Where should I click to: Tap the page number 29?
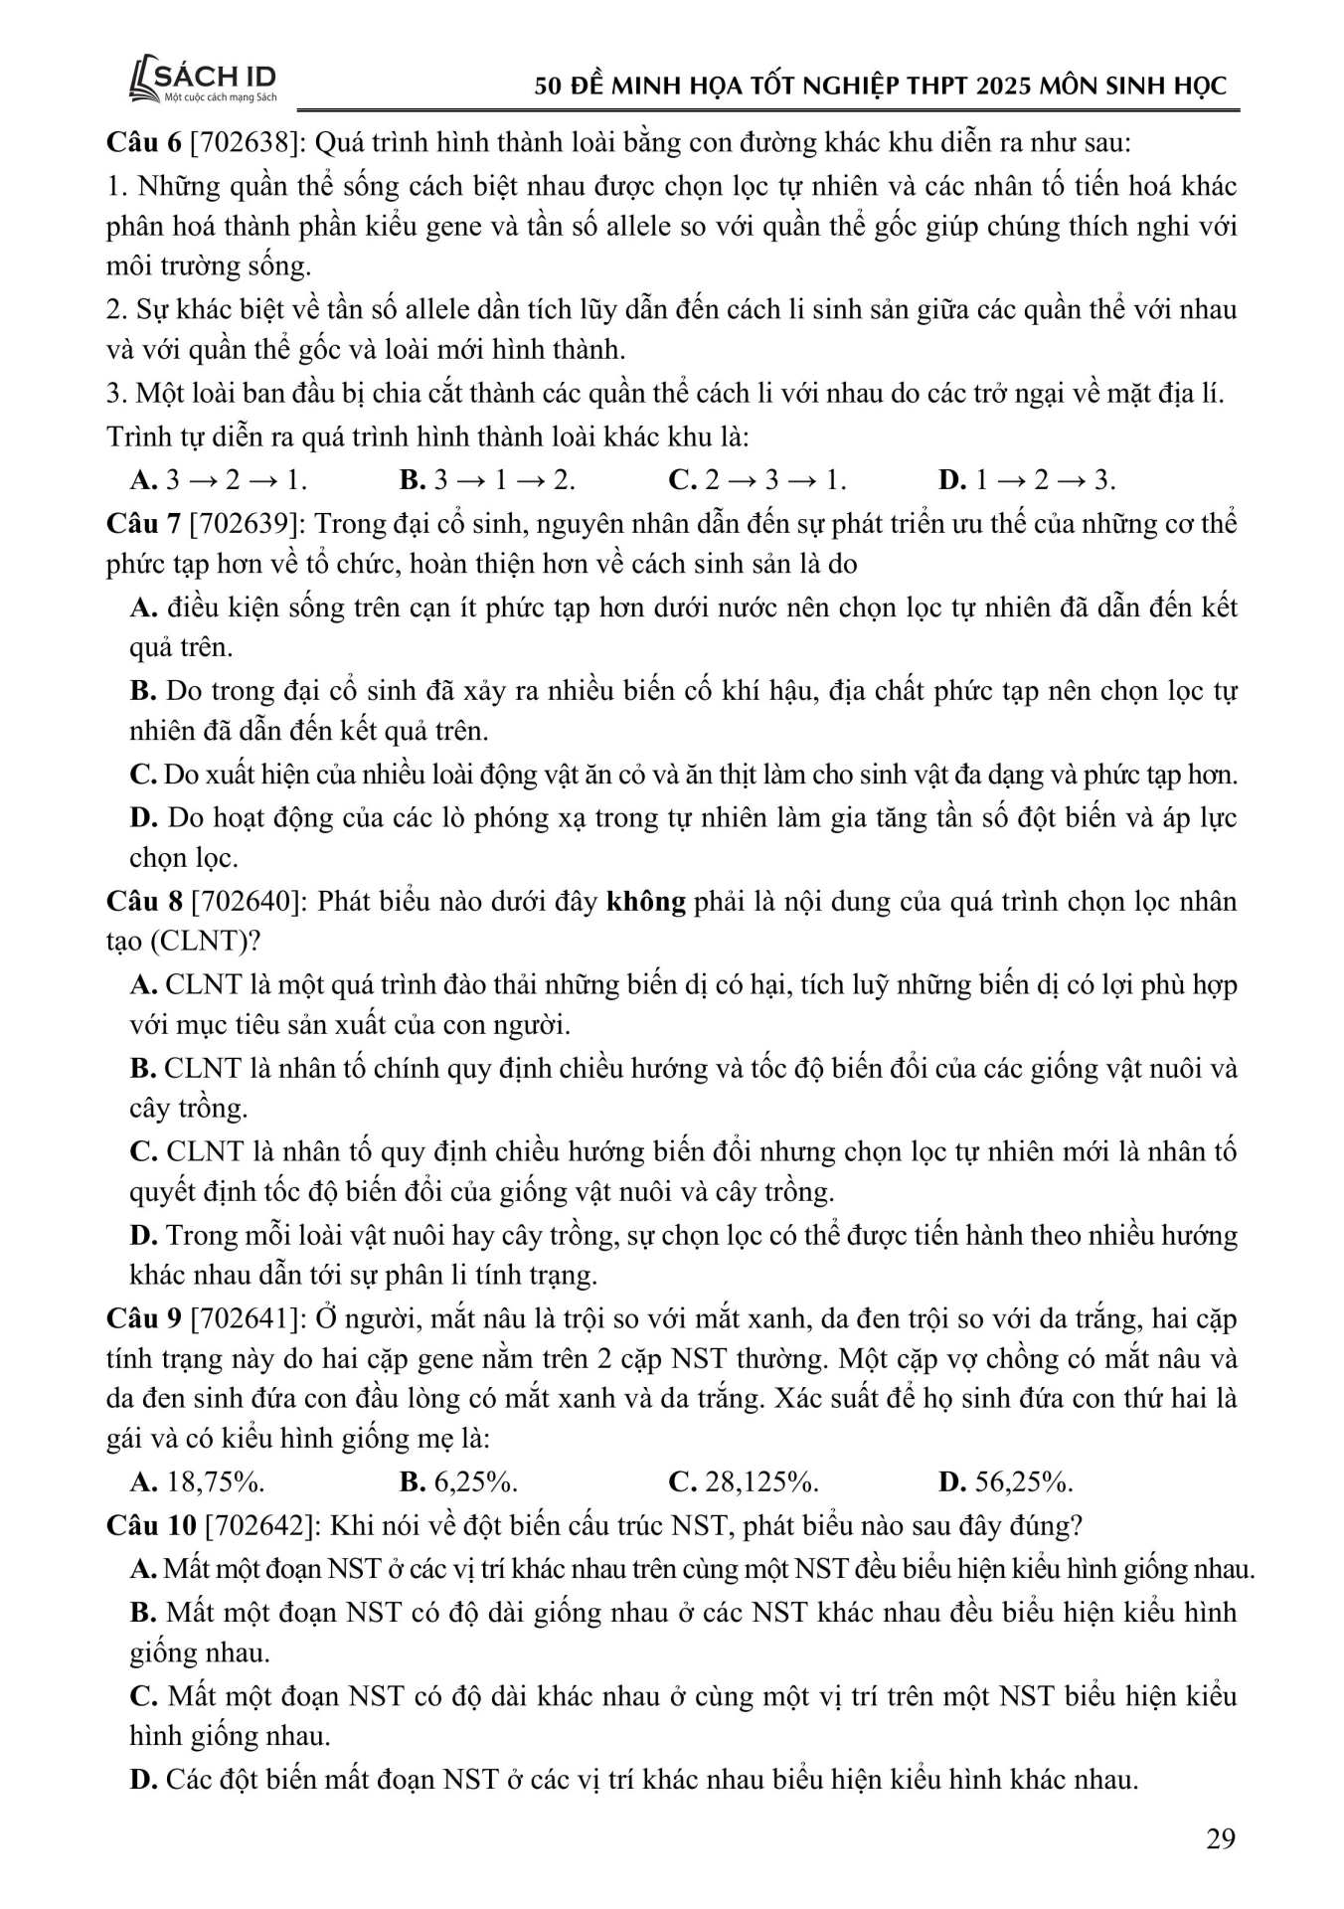click(x=1220, y=1838)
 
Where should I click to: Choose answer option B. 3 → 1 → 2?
click(x=487, y=481)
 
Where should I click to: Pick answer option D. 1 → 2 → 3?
click(x=1026, y=481)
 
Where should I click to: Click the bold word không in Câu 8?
click(x=646, y=902)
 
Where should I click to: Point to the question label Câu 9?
click(x=143, y=1318)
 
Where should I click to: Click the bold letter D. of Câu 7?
click(x=144, y=817)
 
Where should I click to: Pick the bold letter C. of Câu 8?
click(x=144, y=1151)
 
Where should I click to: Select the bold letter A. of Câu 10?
click(x=143, y=1569)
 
